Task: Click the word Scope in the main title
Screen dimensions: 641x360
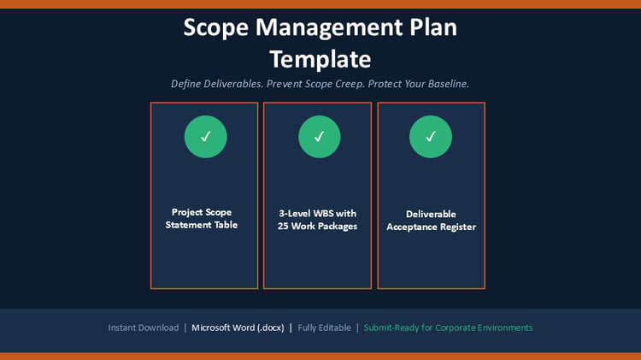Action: point(216,28)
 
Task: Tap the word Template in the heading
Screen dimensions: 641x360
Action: point(320,59)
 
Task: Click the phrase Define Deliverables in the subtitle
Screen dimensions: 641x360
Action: point(217,84)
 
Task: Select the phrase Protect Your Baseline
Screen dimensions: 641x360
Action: point(419,84)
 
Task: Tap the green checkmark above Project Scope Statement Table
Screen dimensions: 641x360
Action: point(206,137)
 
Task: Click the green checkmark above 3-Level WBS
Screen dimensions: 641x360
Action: point(320,137)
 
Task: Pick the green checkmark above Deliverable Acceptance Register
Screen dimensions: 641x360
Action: point(431,137)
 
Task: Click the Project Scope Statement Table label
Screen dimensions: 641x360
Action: point(202,218)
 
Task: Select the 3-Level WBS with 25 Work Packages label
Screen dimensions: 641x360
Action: point(318,220)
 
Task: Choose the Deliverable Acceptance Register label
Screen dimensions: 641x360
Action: point(432,221)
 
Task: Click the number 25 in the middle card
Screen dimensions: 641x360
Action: point(283,226)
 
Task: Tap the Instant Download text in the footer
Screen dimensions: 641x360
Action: point(144,328)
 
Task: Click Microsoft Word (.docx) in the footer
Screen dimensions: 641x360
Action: point(238,328)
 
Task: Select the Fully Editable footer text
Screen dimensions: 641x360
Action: point(324,328)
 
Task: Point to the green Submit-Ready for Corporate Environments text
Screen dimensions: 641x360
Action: point(448,328)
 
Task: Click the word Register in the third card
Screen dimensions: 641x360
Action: point(458,227)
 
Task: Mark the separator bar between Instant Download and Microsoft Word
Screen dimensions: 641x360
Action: point(185,328)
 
